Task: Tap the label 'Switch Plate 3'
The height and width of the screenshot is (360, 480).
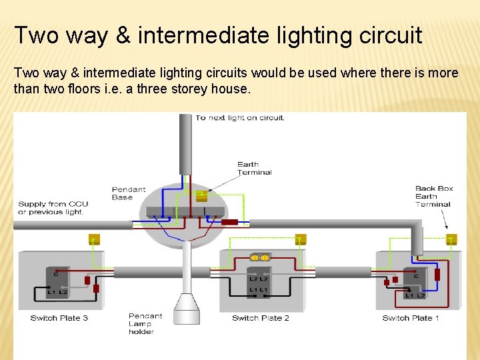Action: (x=59, y=318)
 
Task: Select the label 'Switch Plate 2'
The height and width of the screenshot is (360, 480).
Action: (x=260, y=318)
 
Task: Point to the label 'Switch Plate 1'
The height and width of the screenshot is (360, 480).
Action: (x=411, y=318)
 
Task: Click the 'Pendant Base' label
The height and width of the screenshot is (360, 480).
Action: (x=129, y=193)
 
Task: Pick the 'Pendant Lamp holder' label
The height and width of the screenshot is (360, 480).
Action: (x=145, y=323)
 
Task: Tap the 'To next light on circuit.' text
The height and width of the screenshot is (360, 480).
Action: (x=239, y=118)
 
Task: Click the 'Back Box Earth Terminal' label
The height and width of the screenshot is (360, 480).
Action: (x=433, y=197)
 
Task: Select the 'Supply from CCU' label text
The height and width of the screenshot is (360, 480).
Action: (x=53, y=204)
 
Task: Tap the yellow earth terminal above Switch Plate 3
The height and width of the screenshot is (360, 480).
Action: (x=93, y=239)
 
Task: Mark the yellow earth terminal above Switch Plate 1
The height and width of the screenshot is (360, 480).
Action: (x=451, y=239)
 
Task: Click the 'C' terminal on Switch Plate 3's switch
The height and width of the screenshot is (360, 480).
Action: (x=57, y=274)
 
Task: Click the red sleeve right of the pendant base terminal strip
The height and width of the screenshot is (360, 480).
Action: (x=230, y=222)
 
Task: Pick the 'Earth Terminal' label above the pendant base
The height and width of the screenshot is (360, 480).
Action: (x=254, y=168)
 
